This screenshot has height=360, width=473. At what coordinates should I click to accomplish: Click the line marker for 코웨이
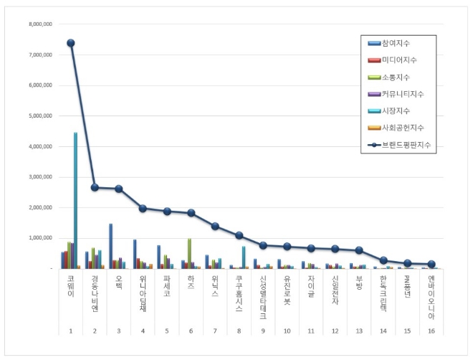pos(70,43)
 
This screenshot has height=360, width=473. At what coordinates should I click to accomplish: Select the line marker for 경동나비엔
pos(95,187)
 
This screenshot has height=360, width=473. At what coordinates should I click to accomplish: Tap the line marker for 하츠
pos(191,213)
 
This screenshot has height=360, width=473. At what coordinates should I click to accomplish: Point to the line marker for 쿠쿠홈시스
pos(239,235)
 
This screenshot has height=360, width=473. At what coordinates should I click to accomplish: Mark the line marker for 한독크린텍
pos(383,260)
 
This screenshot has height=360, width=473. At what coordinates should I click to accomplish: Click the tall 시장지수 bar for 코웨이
pos(75,201)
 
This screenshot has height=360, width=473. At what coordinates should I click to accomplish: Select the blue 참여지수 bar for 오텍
pos(111,246)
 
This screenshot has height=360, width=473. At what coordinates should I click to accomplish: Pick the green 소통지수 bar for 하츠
pos(189,253)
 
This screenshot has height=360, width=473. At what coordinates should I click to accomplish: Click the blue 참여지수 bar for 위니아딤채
pos(135,254)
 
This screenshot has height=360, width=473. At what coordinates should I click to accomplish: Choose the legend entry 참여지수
pos(402,44)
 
